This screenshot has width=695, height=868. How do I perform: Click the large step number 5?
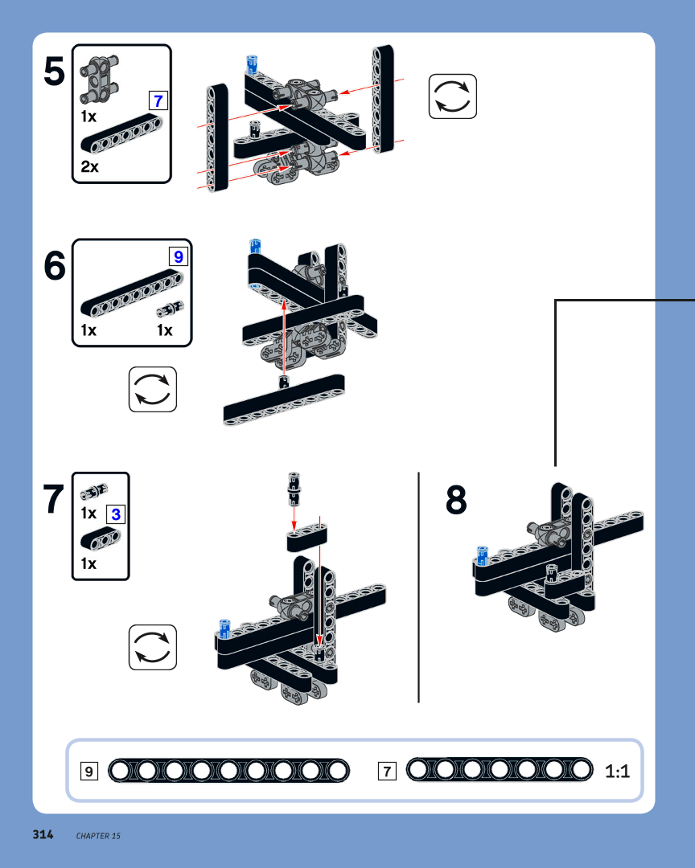pyautogui.click(x=55, y=72)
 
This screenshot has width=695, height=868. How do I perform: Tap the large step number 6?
pyautogui.click(x=55, y=266)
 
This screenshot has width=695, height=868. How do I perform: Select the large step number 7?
pyautogui.click(x=53, y=499)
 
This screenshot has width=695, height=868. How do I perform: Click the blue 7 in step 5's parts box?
pyautogui.click(x=158, y=100)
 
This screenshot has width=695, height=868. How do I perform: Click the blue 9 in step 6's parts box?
pyautogui.click(x=179, y=257)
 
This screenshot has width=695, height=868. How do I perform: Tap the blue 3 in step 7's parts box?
pyautogui.click(x=116, y=514)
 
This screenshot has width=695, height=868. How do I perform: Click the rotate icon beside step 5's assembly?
pyautogui.click(x=453, y=96)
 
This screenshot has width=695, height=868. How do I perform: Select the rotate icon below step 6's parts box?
pyautogui.click(x=153, y=389)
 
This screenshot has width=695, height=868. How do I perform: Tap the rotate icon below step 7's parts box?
pyautogui.click(x=153, y=647)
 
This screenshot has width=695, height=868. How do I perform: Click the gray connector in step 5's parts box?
pyautogui.click(x=100, y=79)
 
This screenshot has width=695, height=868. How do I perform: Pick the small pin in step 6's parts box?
pyautogui.click(x=170, y=309)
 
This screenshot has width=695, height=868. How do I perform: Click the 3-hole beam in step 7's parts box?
pyautogui.click(x=101, y=539)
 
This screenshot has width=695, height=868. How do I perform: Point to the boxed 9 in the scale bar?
pyautogui.click(x=89, y=771)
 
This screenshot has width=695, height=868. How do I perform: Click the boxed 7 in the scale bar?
pyautogui.click(x=388, y=771)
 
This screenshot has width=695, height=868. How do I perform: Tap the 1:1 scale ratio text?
pyautogui.click(x=618, y=771)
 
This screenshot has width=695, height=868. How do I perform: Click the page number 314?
pyautogui.click(x=43, y=835)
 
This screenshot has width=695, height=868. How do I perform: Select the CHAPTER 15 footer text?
pyautogui.click(x=98, y=836)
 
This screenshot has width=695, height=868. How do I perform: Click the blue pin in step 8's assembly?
pyautogui.click(x=482, y=556)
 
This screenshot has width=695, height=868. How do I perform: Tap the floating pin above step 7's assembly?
pyautogui.click(x=294, y=489)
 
